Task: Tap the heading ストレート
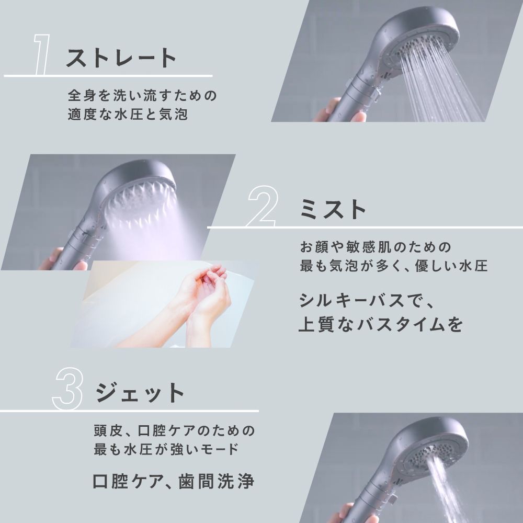click(121, 58)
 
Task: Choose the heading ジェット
click(141, 393)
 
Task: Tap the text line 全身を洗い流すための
click(142, 96)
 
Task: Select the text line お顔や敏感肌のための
click(375, 246)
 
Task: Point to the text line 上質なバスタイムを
click(381, 324)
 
